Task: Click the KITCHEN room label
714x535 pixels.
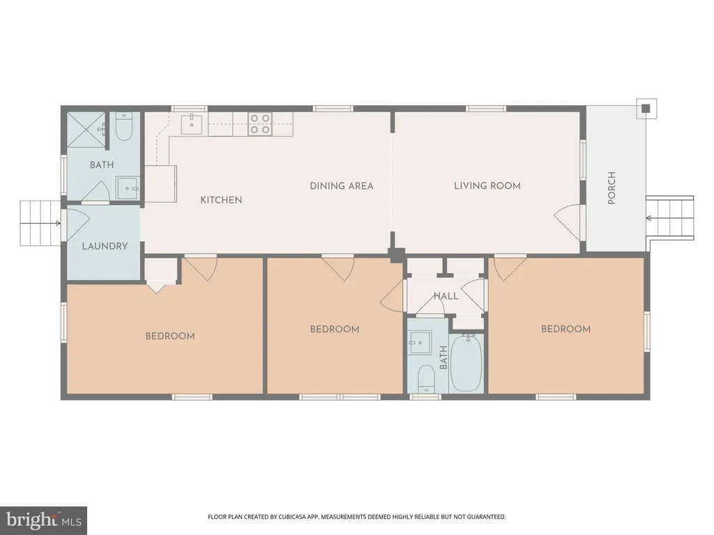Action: click(x=221, y=200)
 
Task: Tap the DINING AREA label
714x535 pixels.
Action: click(x=342, y=185)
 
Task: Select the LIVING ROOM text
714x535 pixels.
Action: click(x=487, y=185)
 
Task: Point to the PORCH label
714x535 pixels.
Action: click(x=612, y=188)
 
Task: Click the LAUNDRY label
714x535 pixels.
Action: click(x=105, y=246)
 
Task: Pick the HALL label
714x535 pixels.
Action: click(x=446, y=296)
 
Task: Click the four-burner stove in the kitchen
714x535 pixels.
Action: click(x=260, y=124)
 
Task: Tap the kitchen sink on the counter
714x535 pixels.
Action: click(x=192, y=124)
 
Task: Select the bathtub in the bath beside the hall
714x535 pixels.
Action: click(x=466, y=363)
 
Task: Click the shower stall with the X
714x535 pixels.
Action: click(x=86, y=130)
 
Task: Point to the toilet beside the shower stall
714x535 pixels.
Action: click(x=123, y=127)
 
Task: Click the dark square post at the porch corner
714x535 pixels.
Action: click(x=646, y=108)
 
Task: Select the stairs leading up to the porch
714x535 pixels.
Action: click(x=670, y=217)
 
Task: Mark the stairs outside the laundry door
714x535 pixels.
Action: click(x=40, y=223)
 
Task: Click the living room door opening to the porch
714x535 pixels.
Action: click(x=569, y=222)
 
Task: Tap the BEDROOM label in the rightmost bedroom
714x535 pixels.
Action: click(x=566, y=329)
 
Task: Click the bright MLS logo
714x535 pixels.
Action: click(x=44, y=520)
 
